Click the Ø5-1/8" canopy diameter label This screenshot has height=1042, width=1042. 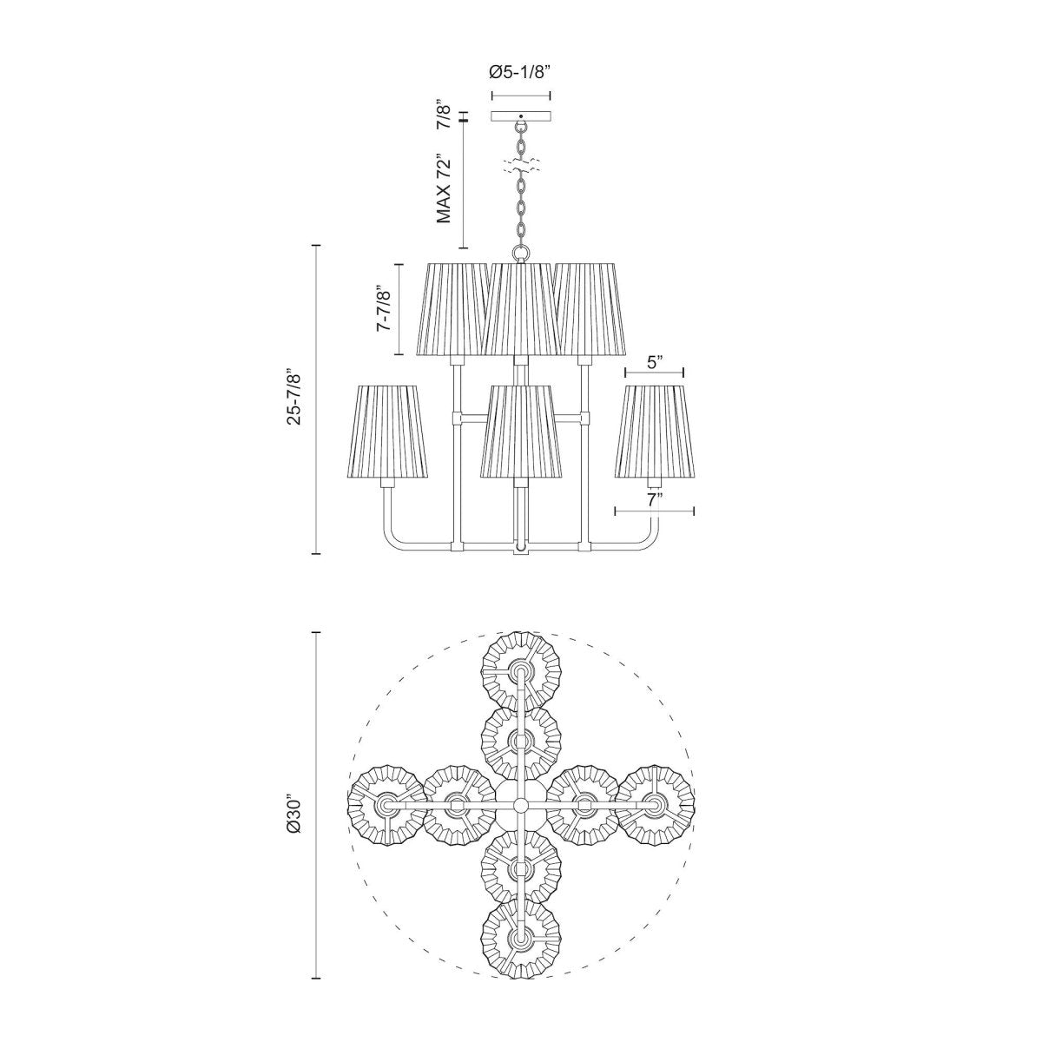coord(520,73)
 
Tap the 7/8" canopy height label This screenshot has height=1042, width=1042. coord(444,115)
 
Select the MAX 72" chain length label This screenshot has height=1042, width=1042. coord(445,190)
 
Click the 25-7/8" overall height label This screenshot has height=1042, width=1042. coord(294,399)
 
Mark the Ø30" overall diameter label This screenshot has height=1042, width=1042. coord(294,817)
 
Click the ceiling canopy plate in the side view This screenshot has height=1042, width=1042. coord(521,116)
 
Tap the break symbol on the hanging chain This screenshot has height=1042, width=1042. coord(521,164)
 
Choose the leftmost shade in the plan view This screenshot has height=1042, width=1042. coord(385,806)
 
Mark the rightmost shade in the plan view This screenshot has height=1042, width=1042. coord(656,806)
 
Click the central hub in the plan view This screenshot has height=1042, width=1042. coord(520,806)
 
